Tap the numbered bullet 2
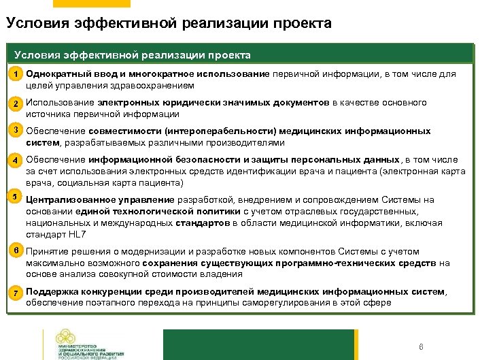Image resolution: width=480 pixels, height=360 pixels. (14, 104)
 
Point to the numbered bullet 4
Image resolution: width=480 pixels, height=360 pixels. (14, 161)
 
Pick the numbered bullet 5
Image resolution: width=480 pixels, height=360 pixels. (14, 197)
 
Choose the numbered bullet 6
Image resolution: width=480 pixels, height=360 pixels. (14, 250)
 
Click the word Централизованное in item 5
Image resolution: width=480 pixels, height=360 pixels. (65, 200)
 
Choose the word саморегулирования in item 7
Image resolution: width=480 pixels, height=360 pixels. (315, 304)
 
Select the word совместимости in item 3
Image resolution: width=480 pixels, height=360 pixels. (123, 131)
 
